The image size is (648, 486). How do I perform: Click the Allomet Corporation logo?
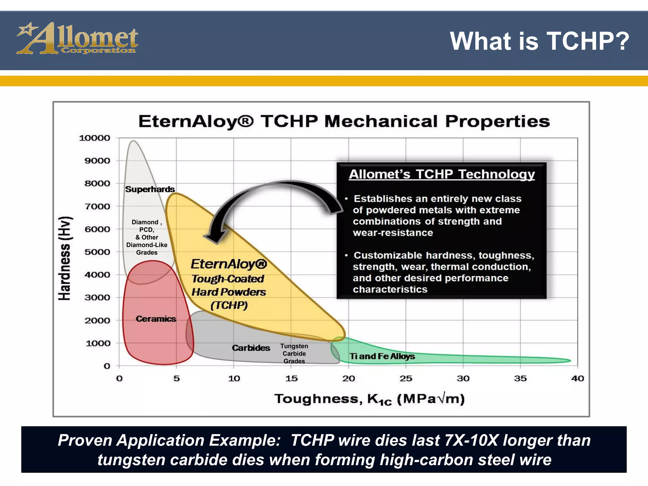[x=77, y=39]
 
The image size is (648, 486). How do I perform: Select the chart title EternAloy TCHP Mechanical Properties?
[x=344, y=121]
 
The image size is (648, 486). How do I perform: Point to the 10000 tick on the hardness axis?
[x=94, y=138]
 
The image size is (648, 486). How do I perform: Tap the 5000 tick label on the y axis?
[x=97, y=252]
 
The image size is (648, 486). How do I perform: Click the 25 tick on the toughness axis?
[x=406, y=378]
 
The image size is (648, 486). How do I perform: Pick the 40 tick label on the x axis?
[x=577, y=378]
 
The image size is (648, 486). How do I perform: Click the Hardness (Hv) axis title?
[x=65, y=258]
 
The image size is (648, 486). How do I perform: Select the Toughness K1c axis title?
[x=369, y=399]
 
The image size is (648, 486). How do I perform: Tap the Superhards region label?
[x=150, y=189]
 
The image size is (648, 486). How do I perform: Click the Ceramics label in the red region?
[x=156, y=319]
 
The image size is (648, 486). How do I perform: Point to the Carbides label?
[x=251, y=348]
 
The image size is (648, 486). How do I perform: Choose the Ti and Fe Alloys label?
[x=382, y=356]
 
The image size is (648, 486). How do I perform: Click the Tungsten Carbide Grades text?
[x=294, y=354]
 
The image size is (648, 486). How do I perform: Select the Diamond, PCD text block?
[x=146, y=237]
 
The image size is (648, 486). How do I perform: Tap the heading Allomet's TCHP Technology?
[x=442, y=174]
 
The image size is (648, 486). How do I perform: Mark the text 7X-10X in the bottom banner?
[x=471, y=440]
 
